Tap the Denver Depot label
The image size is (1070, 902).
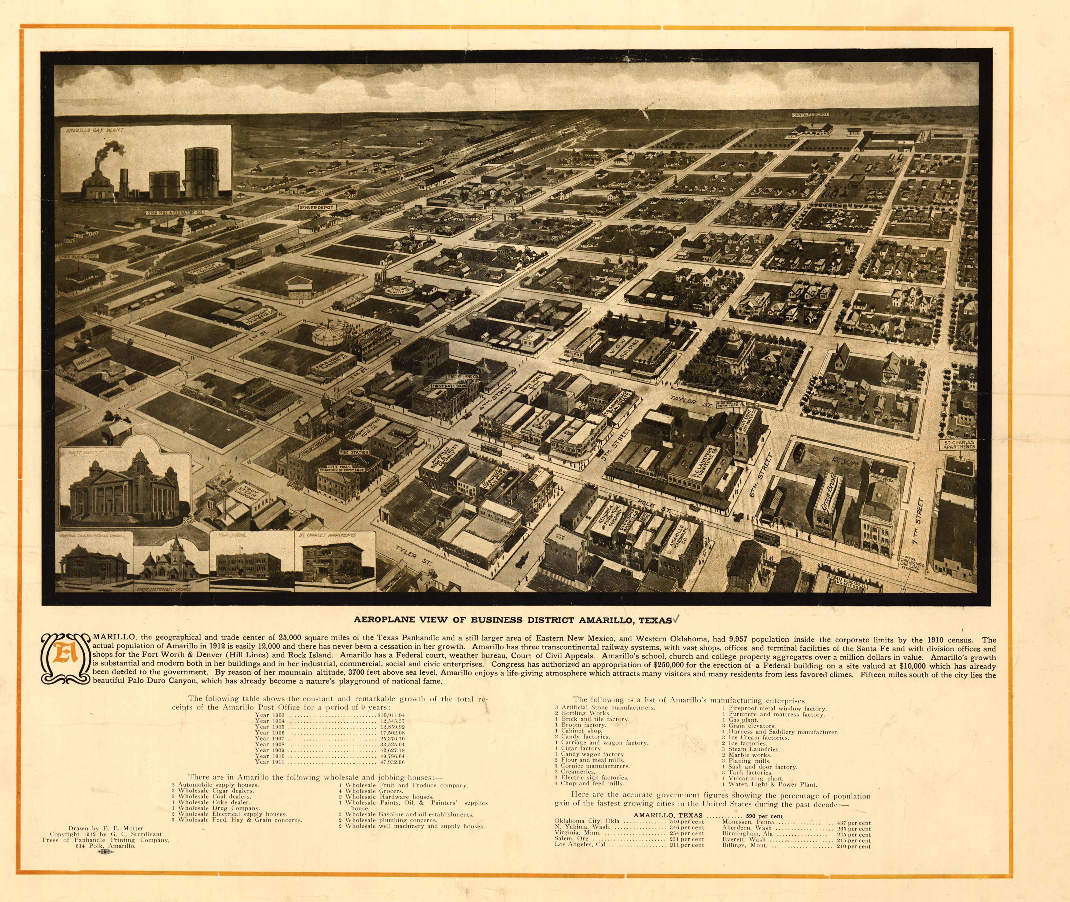click(317, 207)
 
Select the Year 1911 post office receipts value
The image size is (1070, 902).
click(391, 762)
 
